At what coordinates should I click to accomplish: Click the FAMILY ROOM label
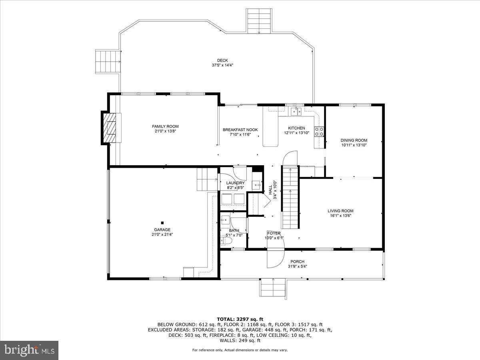(165, 126)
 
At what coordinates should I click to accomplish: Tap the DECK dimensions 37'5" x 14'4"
(222, 65)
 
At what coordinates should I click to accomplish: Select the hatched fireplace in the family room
(111, 128)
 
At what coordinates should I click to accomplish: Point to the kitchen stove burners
(319, 132)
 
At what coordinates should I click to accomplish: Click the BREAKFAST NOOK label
(240, 130)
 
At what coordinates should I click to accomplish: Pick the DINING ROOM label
(354, 140)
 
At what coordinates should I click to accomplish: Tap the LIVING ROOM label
(340, 211)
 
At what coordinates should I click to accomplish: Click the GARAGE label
(162, 230)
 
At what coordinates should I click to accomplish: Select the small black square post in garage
(162, 223)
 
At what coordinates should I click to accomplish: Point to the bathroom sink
(225, 220)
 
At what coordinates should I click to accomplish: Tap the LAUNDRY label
(235, 183)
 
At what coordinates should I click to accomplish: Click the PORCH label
(298, 262)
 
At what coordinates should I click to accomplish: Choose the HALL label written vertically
(270, 190)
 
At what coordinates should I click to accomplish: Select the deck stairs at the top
(259, 21)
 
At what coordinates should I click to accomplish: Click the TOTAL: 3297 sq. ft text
(240, 319)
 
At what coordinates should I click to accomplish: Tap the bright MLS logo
(29, 350)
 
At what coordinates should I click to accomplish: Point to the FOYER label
(274, 233)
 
